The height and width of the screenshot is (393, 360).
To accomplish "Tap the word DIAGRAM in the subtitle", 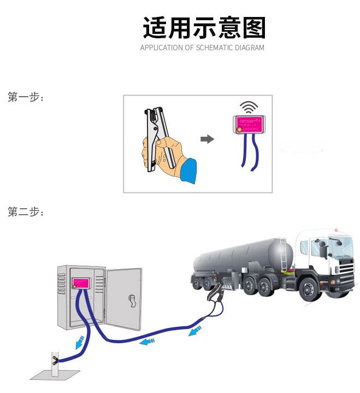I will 249,48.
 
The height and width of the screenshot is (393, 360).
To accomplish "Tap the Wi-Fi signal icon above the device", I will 250,107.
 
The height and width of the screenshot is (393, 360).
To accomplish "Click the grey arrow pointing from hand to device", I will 207,139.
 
